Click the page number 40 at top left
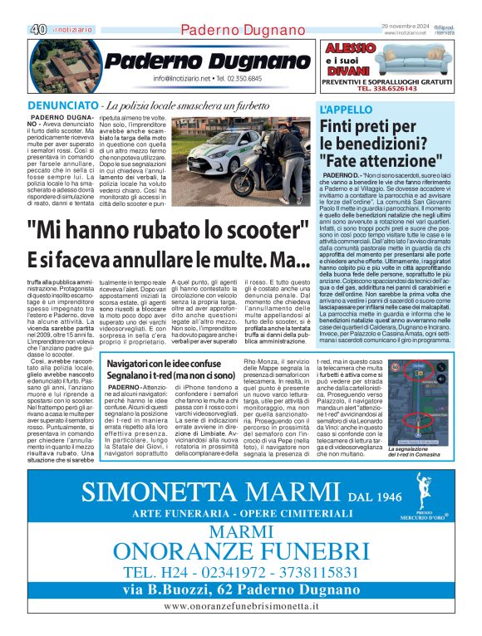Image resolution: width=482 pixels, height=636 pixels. (37, 28)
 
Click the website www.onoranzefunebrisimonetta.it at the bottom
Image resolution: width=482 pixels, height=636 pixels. (242, 606)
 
